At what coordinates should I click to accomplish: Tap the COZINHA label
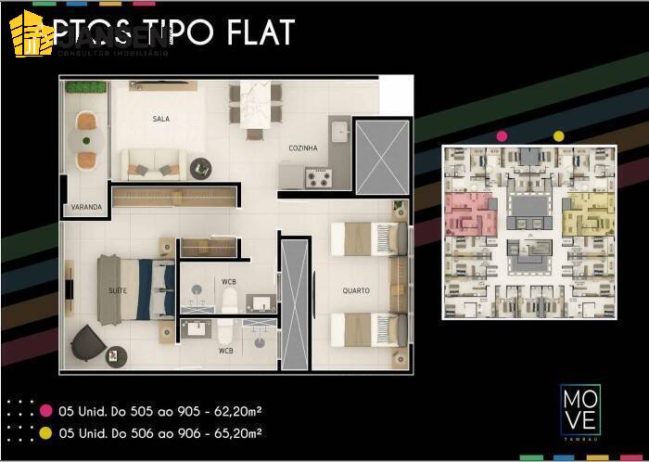(x=303, y=148)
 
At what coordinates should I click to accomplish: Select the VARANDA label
(x=85, y=208)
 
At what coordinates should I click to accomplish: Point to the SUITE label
(x=118, y=290)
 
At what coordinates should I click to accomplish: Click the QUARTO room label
(x=356, y=290)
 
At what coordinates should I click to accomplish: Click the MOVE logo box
(x=579, y=409)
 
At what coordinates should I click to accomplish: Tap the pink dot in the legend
(x=45, y=410)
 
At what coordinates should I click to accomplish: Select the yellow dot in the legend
(x=45, y=432)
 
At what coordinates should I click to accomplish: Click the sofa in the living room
(x=153, y=165)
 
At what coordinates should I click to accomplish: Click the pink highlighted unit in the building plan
(x=472, y=214)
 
